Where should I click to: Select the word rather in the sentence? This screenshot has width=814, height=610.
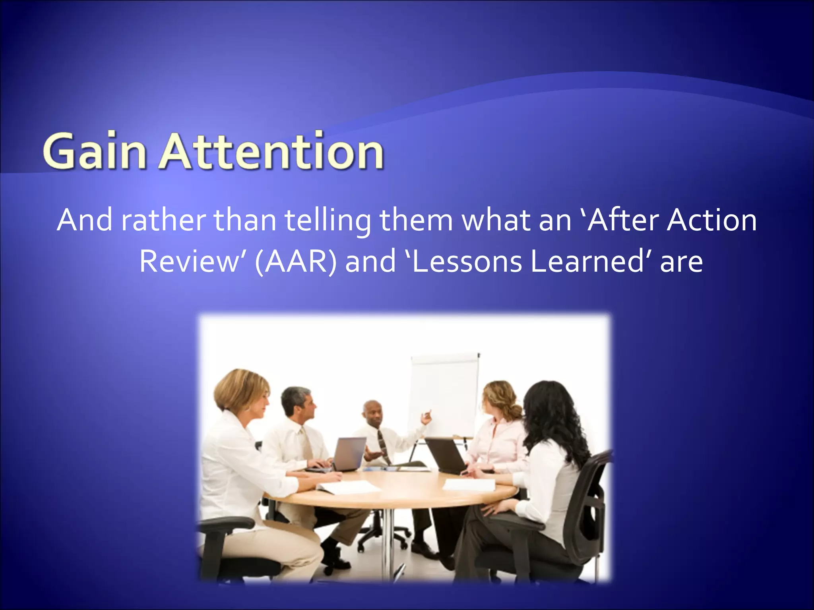pyautogui.click(x=163, y=220)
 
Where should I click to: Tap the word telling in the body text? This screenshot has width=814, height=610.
pyautogui.click(x=328, y=220)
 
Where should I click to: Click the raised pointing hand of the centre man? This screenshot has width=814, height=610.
pyautogui.click(x=426, y=417)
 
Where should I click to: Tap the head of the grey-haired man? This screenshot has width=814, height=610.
pyautogui.click(x=297, y=401)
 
